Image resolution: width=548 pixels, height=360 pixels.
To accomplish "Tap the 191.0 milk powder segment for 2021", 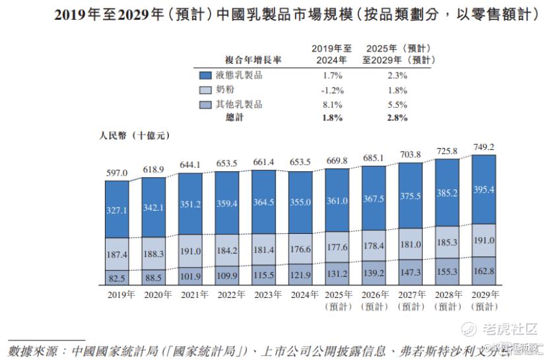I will click(191, 251).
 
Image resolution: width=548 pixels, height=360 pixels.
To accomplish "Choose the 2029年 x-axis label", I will click(485, 295).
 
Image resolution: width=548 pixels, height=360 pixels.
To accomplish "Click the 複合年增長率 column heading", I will click(253, 59).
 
